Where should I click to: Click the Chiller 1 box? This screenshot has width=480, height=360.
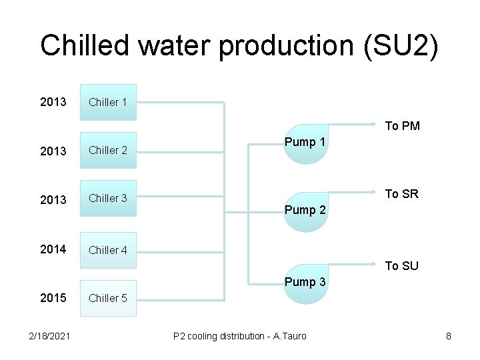tap(108, 102)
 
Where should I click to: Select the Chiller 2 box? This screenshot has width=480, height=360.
tap(108, 150)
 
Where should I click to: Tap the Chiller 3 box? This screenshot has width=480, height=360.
tap(108, 198)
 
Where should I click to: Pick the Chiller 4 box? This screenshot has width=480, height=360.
tap(108, 250)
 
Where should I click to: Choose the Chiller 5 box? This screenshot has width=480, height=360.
tap(108, 298)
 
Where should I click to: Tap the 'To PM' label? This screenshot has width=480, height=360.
tap(403, 126)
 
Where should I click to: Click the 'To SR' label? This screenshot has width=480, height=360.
tap(402, 194)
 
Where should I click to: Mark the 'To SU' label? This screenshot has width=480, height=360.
tap(402, 266)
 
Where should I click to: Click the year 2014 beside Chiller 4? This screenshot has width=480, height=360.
tap(53, 249)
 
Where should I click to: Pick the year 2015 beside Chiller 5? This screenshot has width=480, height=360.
tap(53, 298)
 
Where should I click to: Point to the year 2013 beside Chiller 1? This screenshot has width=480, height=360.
tap(53, 102)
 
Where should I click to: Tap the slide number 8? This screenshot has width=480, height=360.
tap(449, 336)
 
